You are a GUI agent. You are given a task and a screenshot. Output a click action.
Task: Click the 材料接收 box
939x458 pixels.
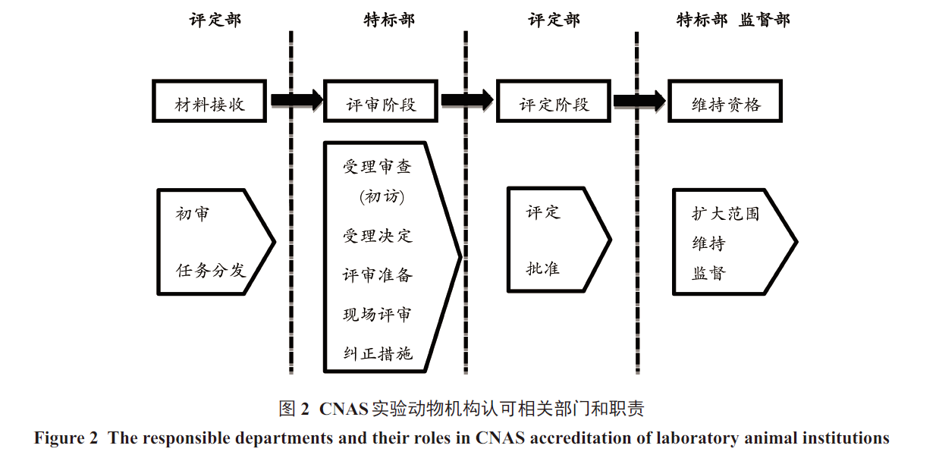pyautogui.click(x=209, y=100)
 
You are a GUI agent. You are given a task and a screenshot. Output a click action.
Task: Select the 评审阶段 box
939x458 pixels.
pyautogui.click(x=381, y=100)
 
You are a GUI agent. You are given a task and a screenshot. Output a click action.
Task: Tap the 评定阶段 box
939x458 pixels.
pyautogui.click(x=553, y=100)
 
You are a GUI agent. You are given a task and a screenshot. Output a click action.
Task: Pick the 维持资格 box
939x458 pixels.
pyautogui.click(x=724, y=100)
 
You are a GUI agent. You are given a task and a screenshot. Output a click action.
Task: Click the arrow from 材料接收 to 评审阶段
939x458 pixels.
pyautogui.click(x=296, y=100)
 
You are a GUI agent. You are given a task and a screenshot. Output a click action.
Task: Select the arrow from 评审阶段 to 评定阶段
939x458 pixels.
pyautogui.click(x=467, y=100)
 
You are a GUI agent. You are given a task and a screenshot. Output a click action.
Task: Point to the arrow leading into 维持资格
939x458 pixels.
pyautogui.click(x=639, y=100)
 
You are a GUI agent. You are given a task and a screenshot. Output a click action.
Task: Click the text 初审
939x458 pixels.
pyautogui.click(x=193, y=214)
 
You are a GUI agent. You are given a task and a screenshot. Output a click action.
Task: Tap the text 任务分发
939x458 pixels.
pyautogui.click(x=211, y=269)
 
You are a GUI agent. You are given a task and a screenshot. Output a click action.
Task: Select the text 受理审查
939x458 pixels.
pyautogui.click(x=377, y=167)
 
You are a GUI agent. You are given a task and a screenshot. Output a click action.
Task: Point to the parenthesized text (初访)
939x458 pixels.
pyautogui.click(x=382, y=196)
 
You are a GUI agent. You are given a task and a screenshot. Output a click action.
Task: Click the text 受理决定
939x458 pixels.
pyautogui.click(x=378, y=235)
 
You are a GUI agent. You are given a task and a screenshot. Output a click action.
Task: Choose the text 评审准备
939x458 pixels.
pyautogui.click(x=378, y=274)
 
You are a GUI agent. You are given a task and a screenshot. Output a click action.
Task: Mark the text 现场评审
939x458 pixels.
pyautogui.click(x=378, y=314)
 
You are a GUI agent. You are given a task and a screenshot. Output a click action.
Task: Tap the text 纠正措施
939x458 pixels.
pyautogui.click(x=378, y=353)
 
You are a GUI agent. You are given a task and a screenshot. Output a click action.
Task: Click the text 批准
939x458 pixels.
pyautogui.click(x=543, y=268)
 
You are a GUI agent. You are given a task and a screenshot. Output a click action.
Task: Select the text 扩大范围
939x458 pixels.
pyautogui.click(x=725, y=213)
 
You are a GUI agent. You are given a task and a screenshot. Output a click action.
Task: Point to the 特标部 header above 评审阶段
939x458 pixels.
pyautogui.click(x=389, y=20)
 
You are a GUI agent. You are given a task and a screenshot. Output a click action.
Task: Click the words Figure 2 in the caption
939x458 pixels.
pyautogui.click(x=67, y=438)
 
